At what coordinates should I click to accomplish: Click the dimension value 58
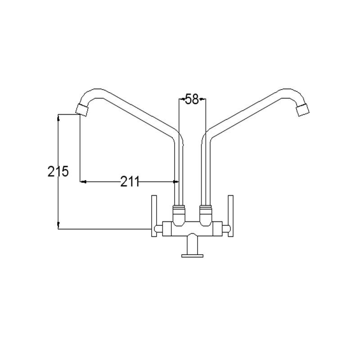[192, 99]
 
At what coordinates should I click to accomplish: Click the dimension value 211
[130, 182]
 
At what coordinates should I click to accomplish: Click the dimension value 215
[58, 171]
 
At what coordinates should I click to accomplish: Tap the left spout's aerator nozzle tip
[82, 110]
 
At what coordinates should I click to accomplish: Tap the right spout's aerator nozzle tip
[303, 110]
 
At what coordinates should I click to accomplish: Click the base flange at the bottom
[193, 256]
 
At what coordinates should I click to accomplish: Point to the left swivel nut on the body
[179, 216]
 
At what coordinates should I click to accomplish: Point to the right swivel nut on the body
[206, 216]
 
